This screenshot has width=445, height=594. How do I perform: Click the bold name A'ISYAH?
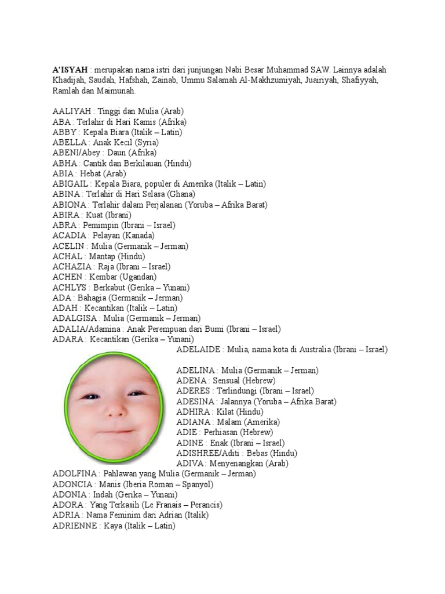pos(70,70)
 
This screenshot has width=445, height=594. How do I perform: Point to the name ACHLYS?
pos(70,288)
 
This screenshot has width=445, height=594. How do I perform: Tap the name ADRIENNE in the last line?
pos(74,526)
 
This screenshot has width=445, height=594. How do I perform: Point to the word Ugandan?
pos(137,277)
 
